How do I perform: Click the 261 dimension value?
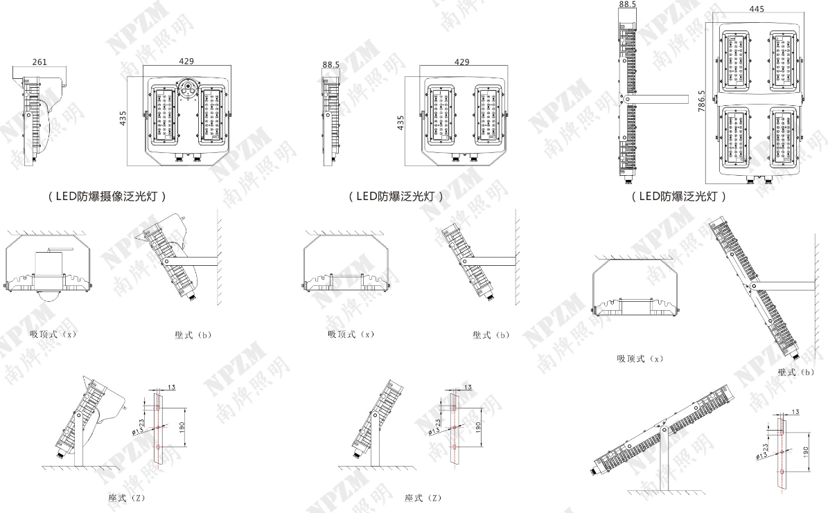[40, 62]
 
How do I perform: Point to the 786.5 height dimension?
[701, 100]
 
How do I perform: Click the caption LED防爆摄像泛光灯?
[107, 196]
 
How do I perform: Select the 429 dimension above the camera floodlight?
[186, 61]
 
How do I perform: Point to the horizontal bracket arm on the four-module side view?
[658, 99]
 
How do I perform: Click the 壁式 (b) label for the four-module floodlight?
[795, 372]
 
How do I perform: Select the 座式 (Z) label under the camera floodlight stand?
[126, 498]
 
